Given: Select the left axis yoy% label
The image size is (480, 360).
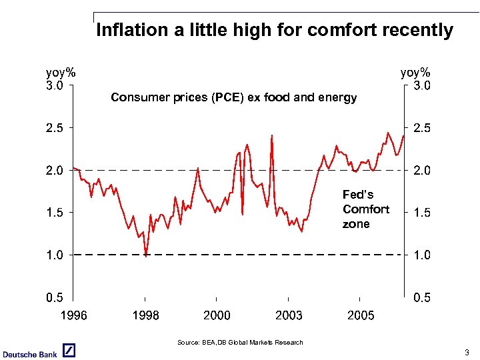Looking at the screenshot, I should click(x=61, y=72).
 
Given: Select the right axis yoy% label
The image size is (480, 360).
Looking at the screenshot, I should click(x=415, y=72).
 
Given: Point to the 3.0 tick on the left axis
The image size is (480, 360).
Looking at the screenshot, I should click(x=55, y=85).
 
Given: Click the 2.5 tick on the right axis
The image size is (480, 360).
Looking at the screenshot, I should click(x=422, y=128).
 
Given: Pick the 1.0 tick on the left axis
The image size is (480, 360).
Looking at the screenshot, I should click(x=55, y=255).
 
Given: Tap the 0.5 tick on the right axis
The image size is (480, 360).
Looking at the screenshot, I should click(x=422, y=298).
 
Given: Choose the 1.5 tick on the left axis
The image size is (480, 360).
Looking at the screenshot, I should click(x=55, y=213).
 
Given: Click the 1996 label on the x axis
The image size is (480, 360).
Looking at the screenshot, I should click(x=73, y=315).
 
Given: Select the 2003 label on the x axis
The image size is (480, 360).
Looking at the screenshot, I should click(x=289, y=315).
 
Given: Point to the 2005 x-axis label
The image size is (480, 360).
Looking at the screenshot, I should click(x=361, y=315).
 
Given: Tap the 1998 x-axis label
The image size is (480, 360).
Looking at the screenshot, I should click(x=145, y=315).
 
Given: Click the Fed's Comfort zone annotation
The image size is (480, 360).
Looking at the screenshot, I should click(x=365, y=209).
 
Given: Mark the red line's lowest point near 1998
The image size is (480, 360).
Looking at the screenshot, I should click(x=146, y=254).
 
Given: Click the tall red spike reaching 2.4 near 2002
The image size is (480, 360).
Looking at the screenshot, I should click(x=272, y=136).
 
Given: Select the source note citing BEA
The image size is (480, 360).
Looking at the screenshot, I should click(x=240, y=343).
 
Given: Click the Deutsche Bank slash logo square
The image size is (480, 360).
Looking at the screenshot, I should click(x=69, y=351).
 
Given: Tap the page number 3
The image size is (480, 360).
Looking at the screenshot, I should click(x=467, y=352).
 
